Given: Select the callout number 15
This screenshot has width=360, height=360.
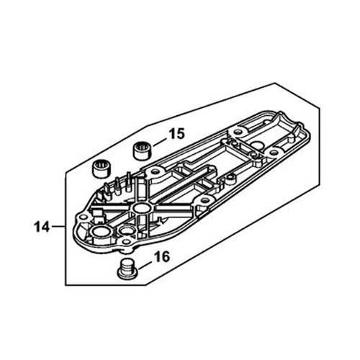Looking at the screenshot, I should tap(177, 134).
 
